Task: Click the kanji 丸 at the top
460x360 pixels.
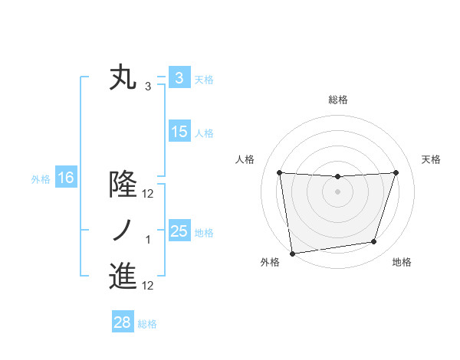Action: (x=123, y=78)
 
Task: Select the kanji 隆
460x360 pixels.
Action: (x=123, y=185)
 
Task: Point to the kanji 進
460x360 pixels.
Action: (x=123, y=277)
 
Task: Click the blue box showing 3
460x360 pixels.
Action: (x=179, y=78)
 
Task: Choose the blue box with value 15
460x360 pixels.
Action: (x=179, y=132)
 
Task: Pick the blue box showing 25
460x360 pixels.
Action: (x=179, y=231)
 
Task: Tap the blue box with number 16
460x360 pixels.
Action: (x=66, y=178)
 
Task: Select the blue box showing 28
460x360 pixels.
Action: (x=122, y=322)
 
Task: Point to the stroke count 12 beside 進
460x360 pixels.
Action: (x=148, y=286)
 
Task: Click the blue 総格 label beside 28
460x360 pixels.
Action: (x=147, y=324)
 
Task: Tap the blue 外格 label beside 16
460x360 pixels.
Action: (x=41, y=179)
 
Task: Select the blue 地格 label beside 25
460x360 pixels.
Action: (x=205, y=232)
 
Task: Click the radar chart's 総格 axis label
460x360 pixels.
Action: (x=337, y=100)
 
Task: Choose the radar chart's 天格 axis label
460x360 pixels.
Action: (x=432, y=159)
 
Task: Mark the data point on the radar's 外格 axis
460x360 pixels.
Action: (x=292, y=253)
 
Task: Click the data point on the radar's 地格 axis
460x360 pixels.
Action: (x=374, y=242)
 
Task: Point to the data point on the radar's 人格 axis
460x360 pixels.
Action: (x=279, y=172)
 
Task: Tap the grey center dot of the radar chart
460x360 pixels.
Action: (x=337, y=191)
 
